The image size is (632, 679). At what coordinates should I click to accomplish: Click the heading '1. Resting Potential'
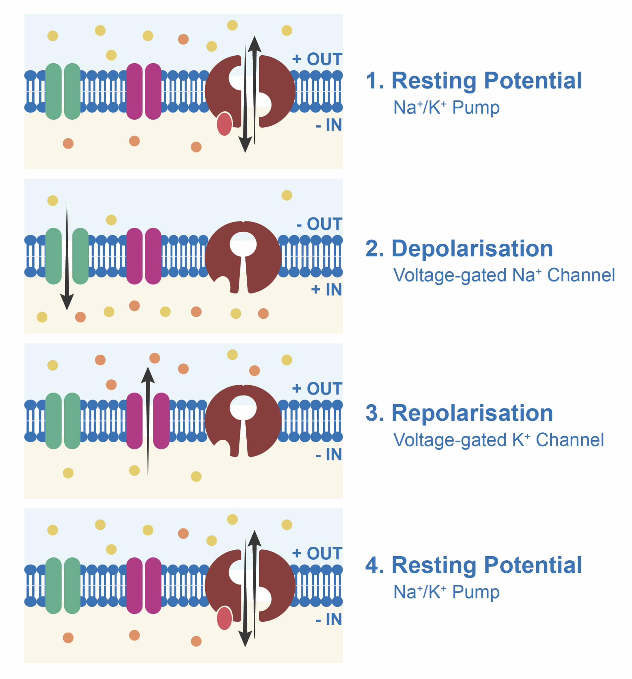(473, 81)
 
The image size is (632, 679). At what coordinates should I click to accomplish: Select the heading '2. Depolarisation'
(459, 248)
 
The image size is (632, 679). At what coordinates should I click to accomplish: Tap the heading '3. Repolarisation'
(459, 412)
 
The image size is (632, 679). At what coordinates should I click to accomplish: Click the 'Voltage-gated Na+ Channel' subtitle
(503, 275)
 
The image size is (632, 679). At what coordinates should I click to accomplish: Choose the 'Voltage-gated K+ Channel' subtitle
(498, 440)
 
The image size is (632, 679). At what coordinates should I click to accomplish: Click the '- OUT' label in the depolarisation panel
(318, 224)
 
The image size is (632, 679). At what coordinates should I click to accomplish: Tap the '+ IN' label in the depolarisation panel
(326, 289)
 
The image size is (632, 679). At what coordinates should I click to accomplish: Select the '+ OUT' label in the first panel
(316, 59)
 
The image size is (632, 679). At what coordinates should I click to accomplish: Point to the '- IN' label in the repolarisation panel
(328, 454)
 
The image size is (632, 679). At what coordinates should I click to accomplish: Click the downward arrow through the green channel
(67, 256)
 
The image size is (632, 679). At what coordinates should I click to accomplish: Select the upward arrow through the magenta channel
(148, 420)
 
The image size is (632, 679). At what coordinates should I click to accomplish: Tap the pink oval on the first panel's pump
(224, 124)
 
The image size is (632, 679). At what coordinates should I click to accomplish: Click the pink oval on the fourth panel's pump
(224, 618)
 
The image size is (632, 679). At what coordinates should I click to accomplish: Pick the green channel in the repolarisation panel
(63, 420)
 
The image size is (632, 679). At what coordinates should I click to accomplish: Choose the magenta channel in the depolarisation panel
(144, 256)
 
